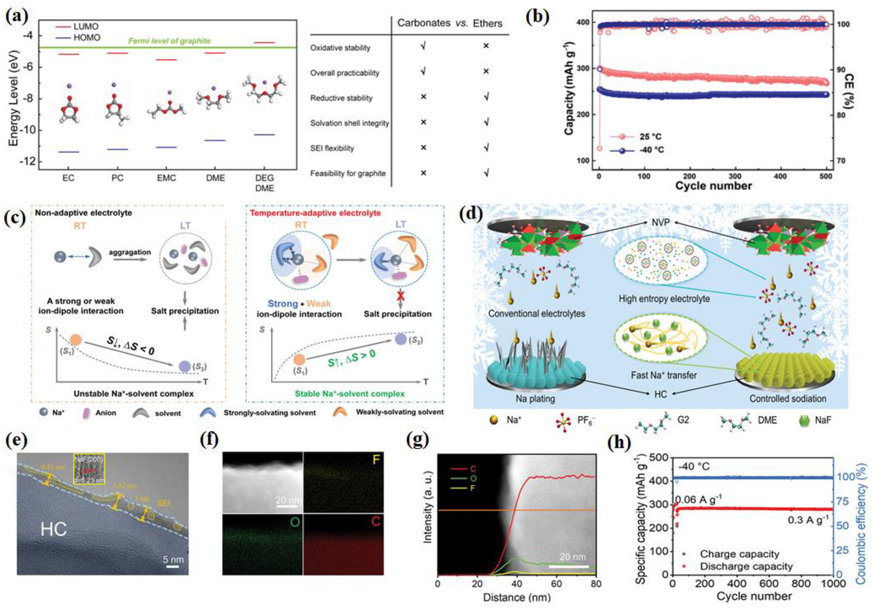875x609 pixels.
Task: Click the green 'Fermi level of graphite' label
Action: tap(169, 41)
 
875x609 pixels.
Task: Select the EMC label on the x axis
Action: tap(166, 178)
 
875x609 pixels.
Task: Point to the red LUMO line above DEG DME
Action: tap(265, 43)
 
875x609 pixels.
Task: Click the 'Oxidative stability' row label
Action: tap(340, 48)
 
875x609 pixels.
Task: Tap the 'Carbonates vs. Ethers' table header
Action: tap(449, 23)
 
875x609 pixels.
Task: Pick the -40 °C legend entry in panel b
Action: tap(651, 150)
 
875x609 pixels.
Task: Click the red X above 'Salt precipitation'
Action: tap(401, 296)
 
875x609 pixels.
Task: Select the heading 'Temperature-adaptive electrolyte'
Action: tap(315, 213)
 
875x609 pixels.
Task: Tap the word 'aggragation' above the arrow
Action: tap(130, 252)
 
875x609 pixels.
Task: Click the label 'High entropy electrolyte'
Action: tap(664, 299)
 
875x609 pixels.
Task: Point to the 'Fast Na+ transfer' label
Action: tap(663, 375)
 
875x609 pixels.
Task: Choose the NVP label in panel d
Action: tap(660, 222)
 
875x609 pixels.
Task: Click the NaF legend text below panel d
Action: tap(823, 420)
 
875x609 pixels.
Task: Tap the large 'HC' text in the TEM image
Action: tap(53, 529)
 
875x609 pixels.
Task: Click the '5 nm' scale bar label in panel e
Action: tap(173, 559)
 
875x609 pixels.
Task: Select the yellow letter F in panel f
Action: tap(376, 460)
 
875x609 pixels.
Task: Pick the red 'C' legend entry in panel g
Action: tap(473, 469)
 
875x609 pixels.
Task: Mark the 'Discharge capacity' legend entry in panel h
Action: tap(746, 567)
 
